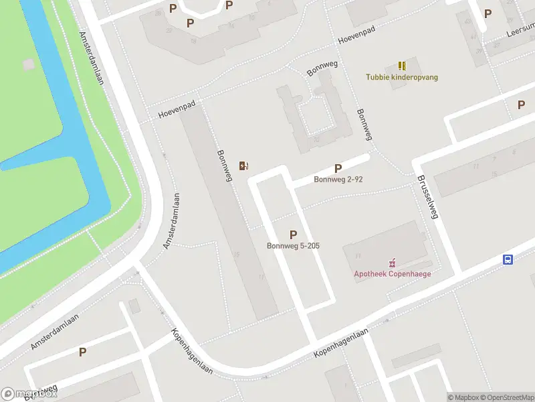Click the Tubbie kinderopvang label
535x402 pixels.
pos(402,77)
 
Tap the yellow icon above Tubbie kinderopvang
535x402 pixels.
pos(402,66)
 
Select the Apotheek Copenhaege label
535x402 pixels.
pos(392,273)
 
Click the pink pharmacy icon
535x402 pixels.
pos(393,263)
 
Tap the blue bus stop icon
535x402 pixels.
pos(508,260)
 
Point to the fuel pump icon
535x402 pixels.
pos(244,165)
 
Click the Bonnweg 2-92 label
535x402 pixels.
pos(338,180)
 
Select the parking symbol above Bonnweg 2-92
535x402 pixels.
pos(338,169)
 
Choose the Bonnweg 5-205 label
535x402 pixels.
pos(293,246)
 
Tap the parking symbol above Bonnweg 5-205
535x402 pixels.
pos(293,234)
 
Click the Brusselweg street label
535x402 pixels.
pos(427,198)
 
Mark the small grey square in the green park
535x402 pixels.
pos(28,64)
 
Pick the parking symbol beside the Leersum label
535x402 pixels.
pos(488,13)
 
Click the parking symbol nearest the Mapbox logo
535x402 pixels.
pos(82,352)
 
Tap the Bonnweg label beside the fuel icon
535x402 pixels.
pos(224,165)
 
